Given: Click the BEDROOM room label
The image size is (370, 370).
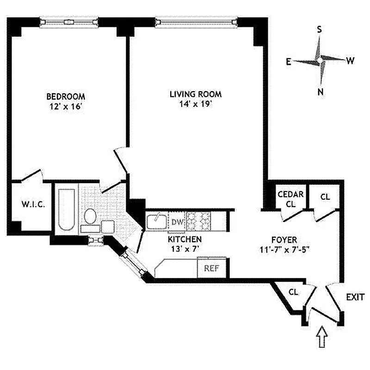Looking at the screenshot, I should click(66, 96).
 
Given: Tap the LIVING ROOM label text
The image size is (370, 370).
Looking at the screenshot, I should click(195, 94).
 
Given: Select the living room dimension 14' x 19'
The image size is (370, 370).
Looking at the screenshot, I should click(195, 104).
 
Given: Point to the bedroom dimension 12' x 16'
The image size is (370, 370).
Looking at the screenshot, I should click(66, 106).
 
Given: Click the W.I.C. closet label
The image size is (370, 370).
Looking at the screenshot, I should click(33, 204).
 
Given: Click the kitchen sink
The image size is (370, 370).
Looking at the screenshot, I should click(157, 221).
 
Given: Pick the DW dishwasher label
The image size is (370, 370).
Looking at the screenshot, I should click(177, 222).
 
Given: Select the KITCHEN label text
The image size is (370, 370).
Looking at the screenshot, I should click(185, 239).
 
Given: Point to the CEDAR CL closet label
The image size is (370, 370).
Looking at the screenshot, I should click(290, 199).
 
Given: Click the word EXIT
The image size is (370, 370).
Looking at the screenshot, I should click(355, 297).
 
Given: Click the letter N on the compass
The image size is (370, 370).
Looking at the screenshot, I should click(320, 91).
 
